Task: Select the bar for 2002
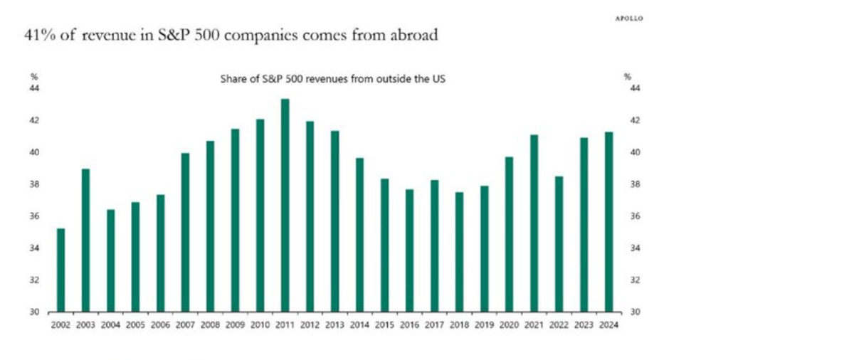click(60, 270)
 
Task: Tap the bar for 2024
click(608, 221)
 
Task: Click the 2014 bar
click(359, 235)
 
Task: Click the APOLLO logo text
click(628, 19)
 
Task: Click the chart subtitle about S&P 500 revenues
click(334, 79)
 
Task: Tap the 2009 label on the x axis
click(235, 325)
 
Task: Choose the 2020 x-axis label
click(509, 325)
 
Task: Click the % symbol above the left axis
click(34, 77)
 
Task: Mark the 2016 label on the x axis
click(409, 325)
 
